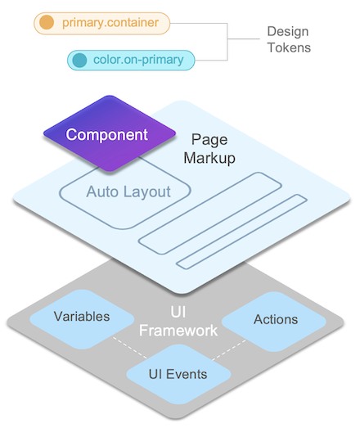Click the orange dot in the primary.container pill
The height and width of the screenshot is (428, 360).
[47, 22]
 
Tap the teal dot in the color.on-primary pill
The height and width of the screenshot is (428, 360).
[79, 60]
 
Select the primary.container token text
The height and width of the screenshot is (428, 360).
[110, 22]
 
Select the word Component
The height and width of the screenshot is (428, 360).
[107, 134]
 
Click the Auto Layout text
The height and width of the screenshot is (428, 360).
[128, 192]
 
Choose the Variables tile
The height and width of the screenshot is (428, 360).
[82, 317]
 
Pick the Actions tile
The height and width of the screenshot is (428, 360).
[275, 319]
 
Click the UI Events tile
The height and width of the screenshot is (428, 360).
[178, 374]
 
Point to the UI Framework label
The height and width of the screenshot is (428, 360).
[178, 322]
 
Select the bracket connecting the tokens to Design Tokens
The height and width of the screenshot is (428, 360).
[227, 40]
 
